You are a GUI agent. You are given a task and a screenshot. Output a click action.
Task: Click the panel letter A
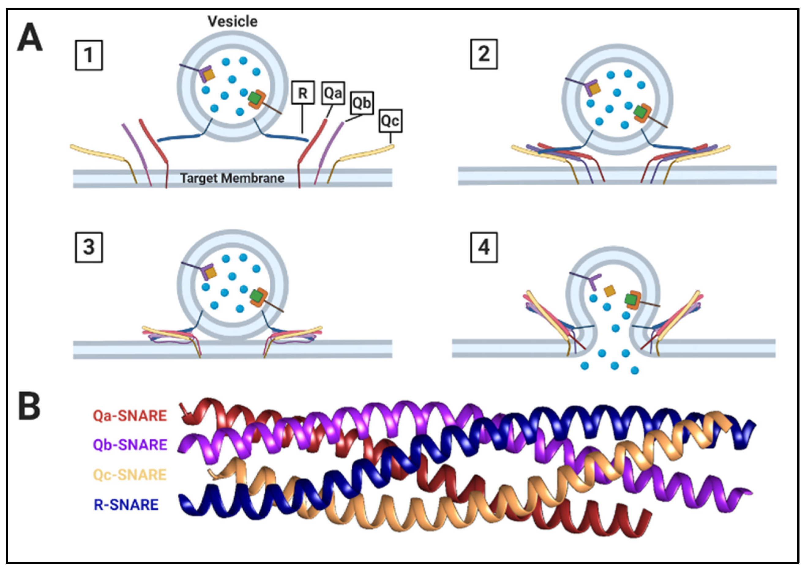30,37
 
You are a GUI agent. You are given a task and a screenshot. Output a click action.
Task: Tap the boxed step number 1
88,55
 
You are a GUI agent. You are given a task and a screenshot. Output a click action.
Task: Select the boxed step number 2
484,54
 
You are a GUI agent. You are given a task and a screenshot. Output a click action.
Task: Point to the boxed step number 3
88,247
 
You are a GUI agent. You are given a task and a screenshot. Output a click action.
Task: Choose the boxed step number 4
484,247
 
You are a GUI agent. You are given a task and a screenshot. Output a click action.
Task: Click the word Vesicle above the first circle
232,21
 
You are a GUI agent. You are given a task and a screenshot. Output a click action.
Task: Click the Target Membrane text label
232,178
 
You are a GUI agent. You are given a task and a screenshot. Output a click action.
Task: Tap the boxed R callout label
303,93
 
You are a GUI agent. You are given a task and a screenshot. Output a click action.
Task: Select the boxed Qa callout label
333,93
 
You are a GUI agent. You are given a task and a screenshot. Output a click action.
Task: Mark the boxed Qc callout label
390,121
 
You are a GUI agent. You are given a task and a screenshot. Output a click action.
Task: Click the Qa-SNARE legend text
130,416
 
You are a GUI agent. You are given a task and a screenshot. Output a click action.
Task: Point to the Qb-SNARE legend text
130,445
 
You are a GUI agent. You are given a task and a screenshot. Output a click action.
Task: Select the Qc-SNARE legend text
130,475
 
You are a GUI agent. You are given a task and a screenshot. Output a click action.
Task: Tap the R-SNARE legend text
126,505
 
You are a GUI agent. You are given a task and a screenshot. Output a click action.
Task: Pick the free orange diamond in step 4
609,291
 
